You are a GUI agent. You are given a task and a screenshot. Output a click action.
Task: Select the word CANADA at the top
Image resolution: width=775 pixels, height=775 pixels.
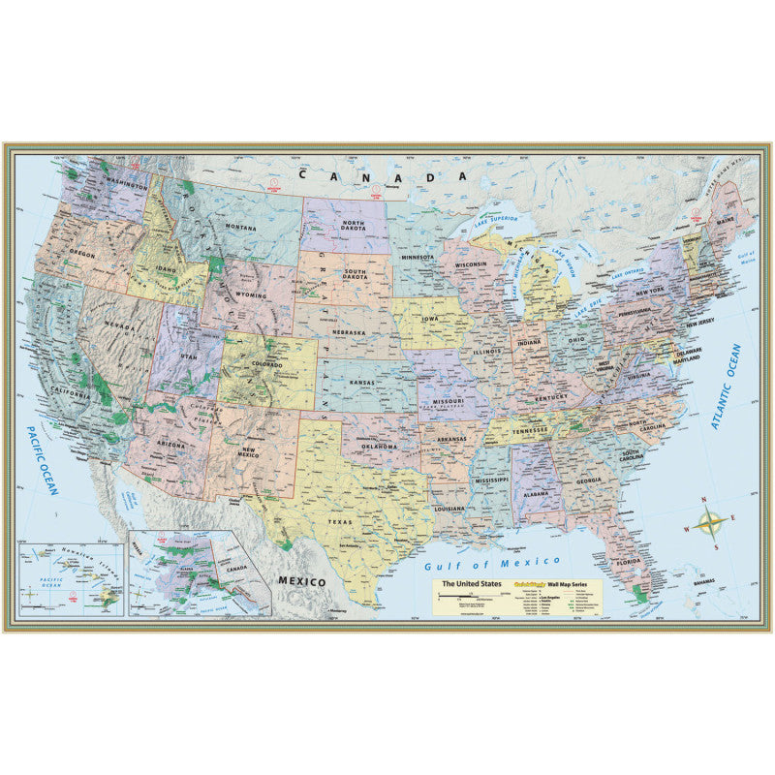coord(383,177)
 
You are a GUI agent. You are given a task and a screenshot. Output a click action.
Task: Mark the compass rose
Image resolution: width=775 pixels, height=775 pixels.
coord(712,523)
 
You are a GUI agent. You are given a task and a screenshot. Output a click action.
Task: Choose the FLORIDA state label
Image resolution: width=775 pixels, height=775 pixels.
coord(628,562)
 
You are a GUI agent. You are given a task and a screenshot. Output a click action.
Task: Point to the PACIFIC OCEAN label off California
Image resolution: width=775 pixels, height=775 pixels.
coord(43,459)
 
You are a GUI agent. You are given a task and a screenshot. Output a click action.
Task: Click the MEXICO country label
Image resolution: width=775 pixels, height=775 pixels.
coord(300,580)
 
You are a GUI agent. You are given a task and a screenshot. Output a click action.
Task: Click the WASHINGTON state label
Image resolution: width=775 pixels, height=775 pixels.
coord(122,184)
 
